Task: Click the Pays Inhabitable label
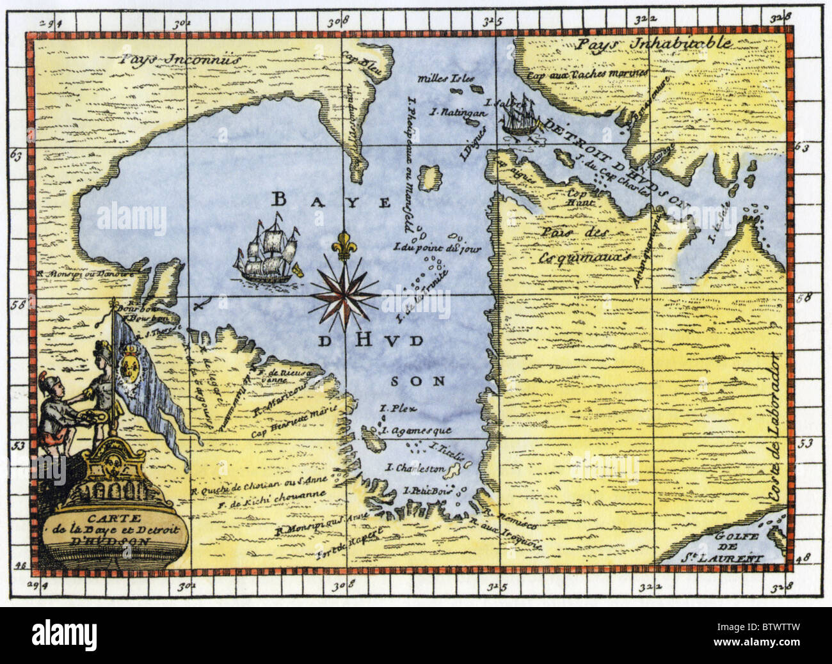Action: [x=653, y=43]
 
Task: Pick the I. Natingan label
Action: [x=458, y=113]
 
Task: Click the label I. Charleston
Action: [x=416, y=469]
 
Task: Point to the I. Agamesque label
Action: [x=417, y=431]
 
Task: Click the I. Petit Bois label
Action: [x=428, y=491]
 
